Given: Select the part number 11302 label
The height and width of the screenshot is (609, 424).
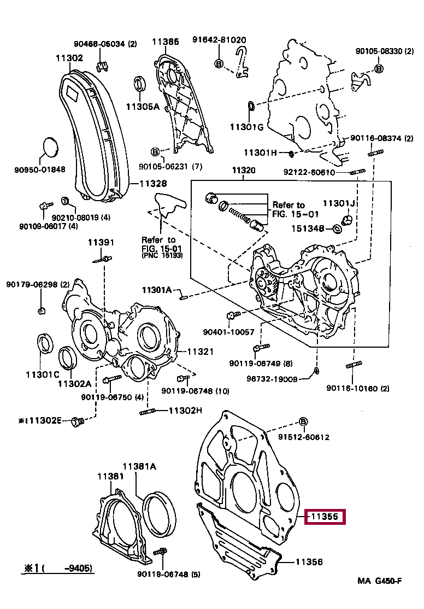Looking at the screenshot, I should [x=69, y=57].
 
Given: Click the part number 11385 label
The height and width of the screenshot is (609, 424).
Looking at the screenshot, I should [x=166, y=42].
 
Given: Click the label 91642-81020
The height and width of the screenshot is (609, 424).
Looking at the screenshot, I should [x=219, y=40].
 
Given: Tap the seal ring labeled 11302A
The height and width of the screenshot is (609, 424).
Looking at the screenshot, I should [x=68, y=359].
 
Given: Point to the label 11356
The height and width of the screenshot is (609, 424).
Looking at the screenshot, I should [x=309, y=561].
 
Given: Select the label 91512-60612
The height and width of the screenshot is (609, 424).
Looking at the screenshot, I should [x=303, y=437].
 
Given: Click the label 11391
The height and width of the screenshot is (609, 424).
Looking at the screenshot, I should [x=102, y=243].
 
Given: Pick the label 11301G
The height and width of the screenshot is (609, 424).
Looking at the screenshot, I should [x=246, y=127].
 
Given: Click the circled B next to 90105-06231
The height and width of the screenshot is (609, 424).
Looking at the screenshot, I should [x=155, y=151].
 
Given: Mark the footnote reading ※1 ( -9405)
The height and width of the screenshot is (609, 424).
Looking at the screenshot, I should [x=57, y=569].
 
